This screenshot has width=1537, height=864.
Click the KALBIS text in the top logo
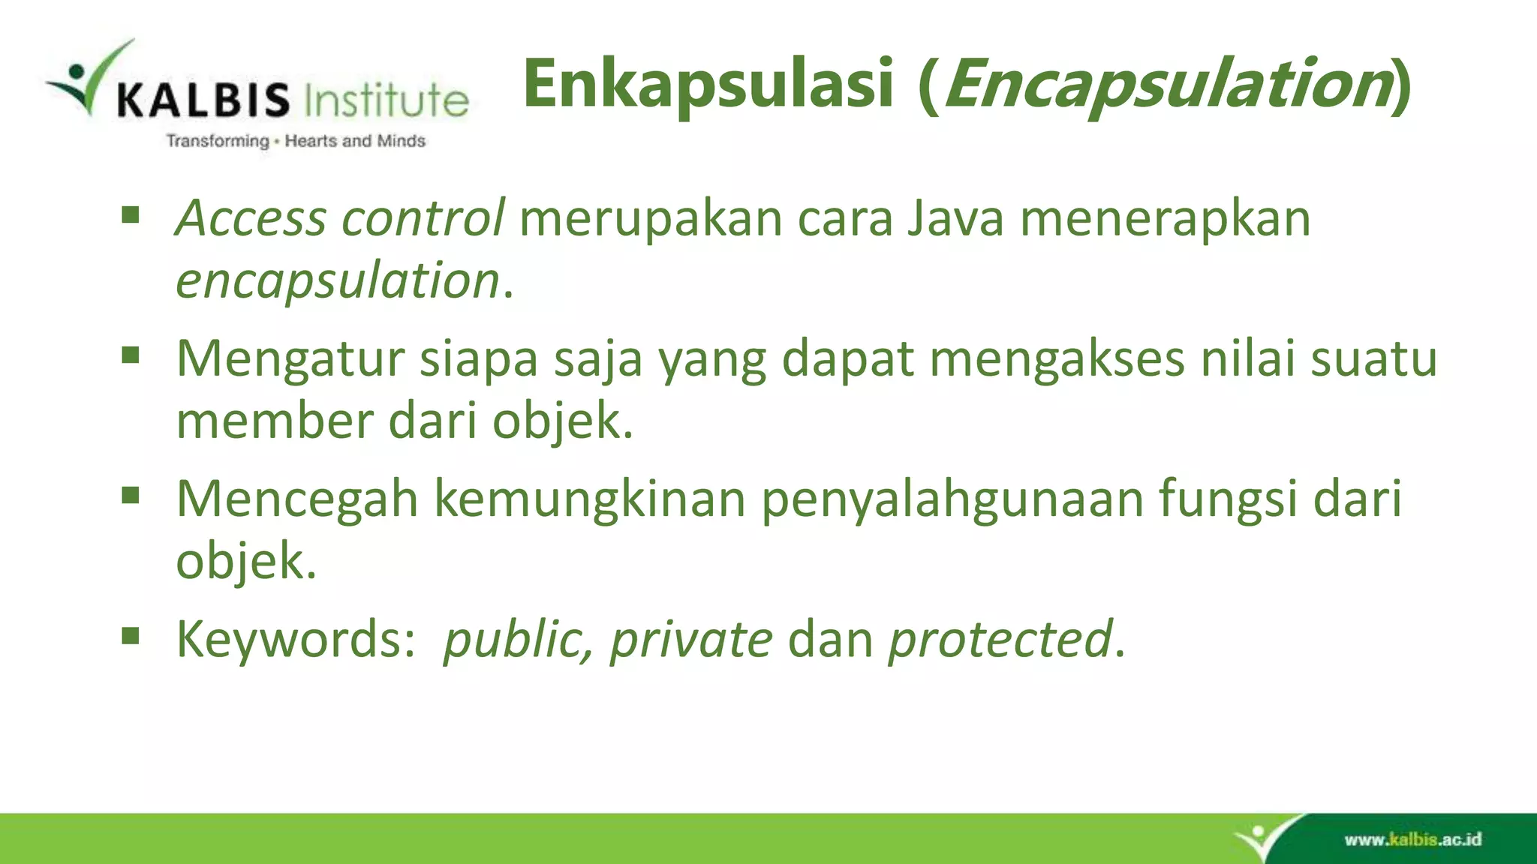coord(203,100)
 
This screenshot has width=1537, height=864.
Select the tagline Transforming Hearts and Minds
coord(296,141)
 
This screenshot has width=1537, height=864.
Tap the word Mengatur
coord(290,358)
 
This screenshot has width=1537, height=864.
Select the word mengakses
coord(1057,358)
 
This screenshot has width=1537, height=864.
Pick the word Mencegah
coord(296,499)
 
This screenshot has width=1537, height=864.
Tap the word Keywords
coord(296,639)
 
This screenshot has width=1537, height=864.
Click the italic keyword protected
coord(1000,639)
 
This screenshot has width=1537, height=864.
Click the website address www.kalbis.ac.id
coord(1412,839)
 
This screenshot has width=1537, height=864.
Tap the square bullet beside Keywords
coord(131,636)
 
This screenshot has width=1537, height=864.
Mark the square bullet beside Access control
coord(131,215)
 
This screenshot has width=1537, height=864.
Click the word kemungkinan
coord(590,499)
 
